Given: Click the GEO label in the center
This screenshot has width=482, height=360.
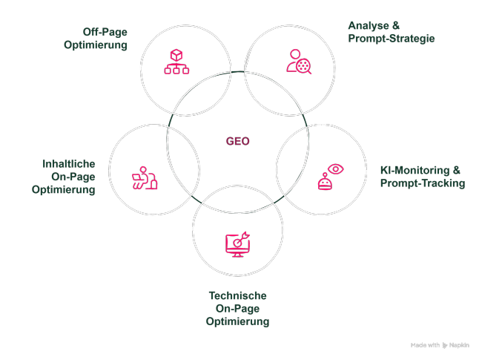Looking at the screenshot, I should (237, 141).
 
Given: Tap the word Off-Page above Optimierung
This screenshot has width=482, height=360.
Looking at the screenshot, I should (105, 32).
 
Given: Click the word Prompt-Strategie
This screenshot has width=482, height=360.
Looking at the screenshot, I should (392, 38).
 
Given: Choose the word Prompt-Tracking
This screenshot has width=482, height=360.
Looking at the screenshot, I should (423, 183).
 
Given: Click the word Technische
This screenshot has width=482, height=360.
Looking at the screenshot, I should (237, 295).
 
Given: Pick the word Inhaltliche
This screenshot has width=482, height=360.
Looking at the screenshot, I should (68, 163).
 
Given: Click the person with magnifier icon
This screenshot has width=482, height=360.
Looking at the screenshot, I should (298, 62).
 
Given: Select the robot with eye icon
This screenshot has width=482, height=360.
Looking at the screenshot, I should (329, 177).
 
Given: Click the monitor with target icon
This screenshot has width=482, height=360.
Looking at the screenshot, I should (237, 244).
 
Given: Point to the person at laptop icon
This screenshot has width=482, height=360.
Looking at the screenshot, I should (144, 179).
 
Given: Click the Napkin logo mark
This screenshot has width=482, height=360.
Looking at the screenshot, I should (445, 345).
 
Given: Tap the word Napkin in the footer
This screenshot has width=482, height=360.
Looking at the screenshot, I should (460, 345).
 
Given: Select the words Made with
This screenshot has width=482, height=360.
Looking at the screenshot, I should (425, 345).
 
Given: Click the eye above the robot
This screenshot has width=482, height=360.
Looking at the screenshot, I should (336, 169).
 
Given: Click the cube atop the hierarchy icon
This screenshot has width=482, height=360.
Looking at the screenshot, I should (176, 55).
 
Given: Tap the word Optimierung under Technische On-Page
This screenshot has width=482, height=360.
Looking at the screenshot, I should (237, 321).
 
